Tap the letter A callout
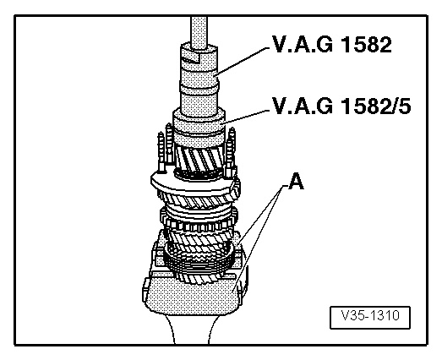tap(296, 179)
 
